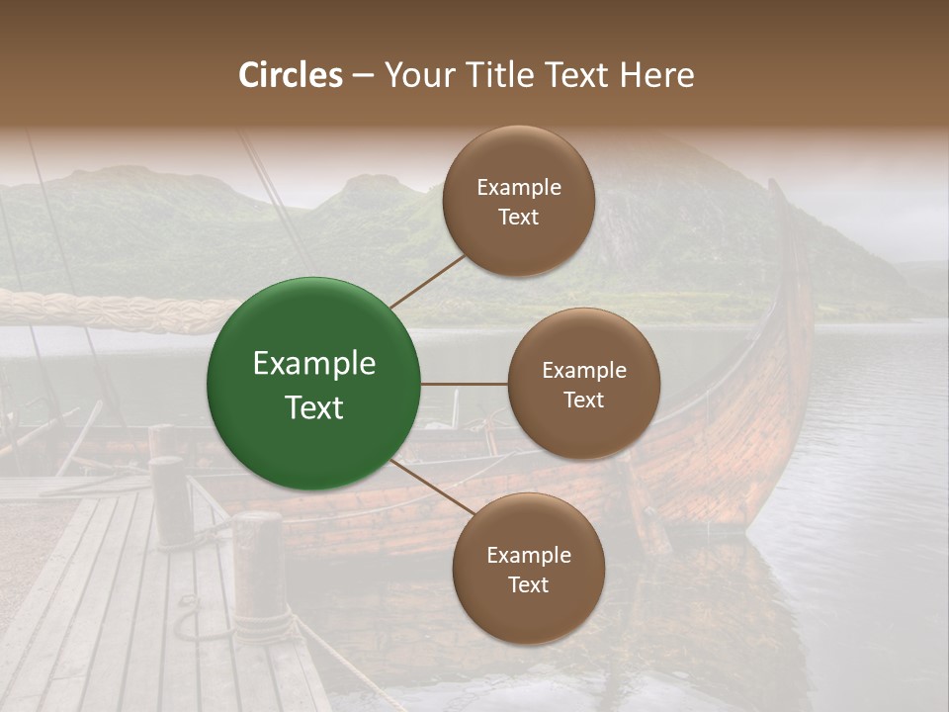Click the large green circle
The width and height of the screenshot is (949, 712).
(314, 384)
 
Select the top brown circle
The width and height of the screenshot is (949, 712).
(518, 201)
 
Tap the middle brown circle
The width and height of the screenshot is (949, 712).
(583, 384)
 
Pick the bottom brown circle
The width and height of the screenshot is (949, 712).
(528, 569)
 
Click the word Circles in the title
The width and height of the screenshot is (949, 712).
(291, 75)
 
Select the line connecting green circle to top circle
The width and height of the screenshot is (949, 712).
(427, 280)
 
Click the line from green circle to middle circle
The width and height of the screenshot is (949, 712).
(465, 384)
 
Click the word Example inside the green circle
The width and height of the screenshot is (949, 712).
(314, 364)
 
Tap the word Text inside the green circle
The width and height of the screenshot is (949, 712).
(314, 407)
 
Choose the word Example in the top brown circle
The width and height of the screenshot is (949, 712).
(518, 187)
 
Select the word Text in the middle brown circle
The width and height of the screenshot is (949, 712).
(583, 400)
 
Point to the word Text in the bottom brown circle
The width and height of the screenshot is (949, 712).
(528, 584)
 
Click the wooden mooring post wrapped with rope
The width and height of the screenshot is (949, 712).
(259, 574)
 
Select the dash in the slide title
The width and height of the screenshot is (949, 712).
(362, 75)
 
